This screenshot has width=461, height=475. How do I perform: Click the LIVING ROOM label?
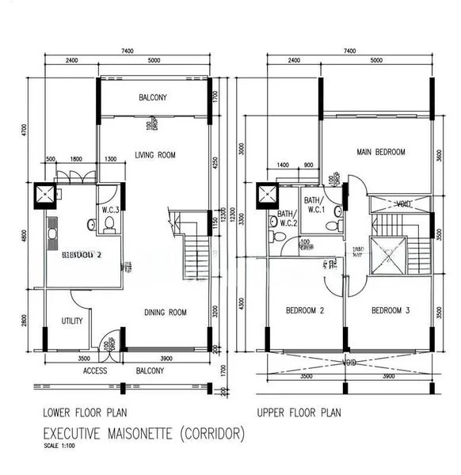pyautogui.click(x=154, y=154)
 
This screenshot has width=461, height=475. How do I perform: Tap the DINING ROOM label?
pyautogui.click(x=166, y=313)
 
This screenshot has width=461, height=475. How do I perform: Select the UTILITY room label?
pyautogui.click(x=73, y=321)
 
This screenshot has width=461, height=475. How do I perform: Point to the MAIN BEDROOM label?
pyautogui.click(x=380, y=152)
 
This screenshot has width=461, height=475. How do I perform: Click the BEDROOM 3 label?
pyautogui.click(x=390, y=310)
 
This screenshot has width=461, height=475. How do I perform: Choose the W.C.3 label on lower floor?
pyautogui.click(x=110, y=210)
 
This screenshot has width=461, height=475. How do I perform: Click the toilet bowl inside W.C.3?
pyautogui.click(x=109, y=227)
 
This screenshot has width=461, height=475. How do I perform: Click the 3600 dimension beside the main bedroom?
pyautogui.click(x=440, y=154)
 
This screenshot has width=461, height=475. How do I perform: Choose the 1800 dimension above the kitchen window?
pyautogui.click(x=76, y=159)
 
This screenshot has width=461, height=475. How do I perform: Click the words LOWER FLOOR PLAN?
pyautogui.click(x=86, y=412)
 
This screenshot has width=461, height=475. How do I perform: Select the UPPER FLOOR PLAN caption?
pyautogui.click(x=299, y=412)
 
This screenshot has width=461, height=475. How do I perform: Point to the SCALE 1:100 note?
pyautogui.click(x=60, y=446)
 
